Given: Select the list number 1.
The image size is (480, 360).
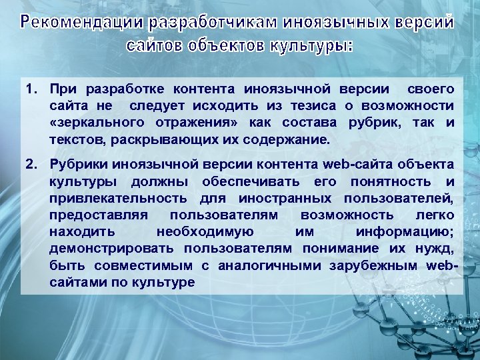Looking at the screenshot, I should click(x=31, y=89).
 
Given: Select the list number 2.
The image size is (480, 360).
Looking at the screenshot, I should click(x=31, y=164).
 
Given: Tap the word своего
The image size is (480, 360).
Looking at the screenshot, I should click(x=431, y=89).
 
